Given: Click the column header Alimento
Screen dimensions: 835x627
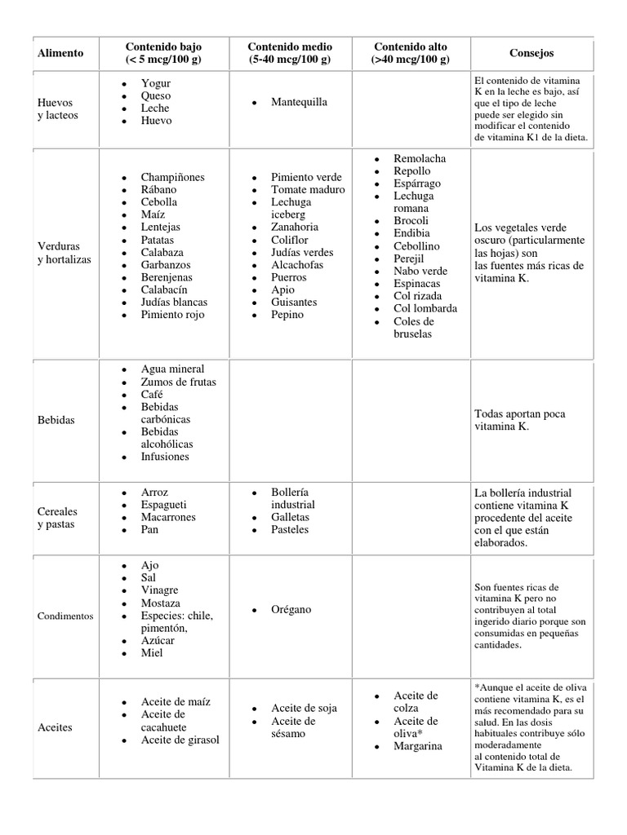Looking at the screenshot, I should [60, 53].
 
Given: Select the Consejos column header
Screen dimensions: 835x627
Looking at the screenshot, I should [531, 53].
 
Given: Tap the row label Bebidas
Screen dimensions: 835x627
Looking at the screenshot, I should [56, 420].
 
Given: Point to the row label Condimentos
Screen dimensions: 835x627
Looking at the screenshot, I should [65, 616].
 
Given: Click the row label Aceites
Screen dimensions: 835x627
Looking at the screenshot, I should [55, 727].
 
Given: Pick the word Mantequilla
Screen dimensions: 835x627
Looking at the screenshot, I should [300, 102].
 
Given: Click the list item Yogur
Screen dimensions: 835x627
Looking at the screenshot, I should [156, 83].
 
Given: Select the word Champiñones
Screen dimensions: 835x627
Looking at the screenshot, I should [172, 177].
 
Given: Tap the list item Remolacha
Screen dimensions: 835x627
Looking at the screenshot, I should [420, 158].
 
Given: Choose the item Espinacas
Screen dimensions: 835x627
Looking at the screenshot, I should [416, 283].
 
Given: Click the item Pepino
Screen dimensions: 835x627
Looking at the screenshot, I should [287, 314].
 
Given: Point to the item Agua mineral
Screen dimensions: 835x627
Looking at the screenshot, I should [172, 369].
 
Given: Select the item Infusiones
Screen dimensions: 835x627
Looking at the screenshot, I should [165, 457].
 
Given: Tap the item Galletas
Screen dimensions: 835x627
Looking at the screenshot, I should [290, 517].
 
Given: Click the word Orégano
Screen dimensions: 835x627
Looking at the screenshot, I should [291, 609].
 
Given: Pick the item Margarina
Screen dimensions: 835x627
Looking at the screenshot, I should [418, 746].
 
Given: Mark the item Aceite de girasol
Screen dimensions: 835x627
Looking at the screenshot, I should [180, 740].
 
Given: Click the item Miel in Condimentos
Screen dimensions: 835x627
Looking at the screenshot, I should [152, 652].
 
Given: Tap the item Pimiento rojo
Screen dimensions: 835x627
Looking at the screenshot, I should [172, 314].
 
